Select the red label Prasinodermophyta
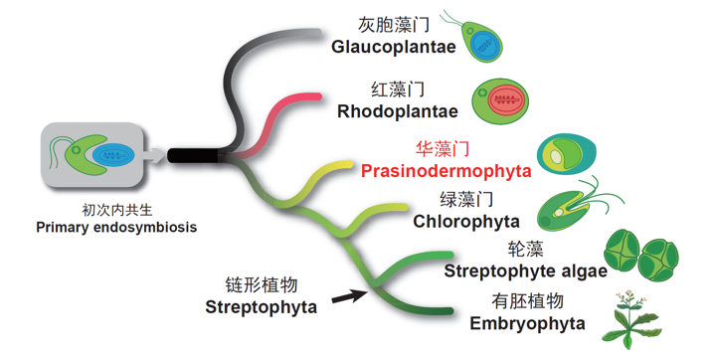(x=447, y=171)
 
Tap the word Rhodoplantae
(x=398, y=111)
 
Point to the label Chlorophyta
(x=466, y=221)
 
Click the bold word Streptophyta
(x=262, y=306)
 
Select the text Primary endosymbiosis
(x=116, y=227)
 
